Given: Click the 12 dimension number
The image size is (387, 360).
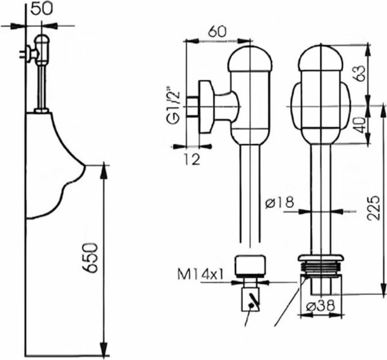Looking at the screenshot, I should point(192,158).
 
